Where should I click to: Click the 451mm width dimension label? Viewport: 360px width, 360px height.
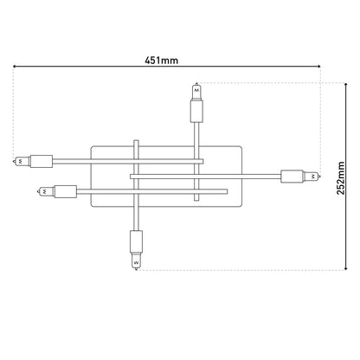pos(161,61)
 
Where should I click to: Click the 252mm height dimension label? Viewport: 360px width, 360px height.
pos(341,178)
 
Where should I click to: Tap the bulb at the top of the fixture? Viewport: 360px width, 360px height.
pos(196,92)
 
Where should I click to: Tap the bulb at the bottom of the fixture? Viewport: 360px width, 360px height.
pos(136,261)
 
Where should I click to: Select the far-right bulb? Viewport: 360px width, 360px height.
pos(312,176)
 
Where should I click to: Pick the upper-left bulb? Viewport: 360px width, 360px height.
pos(22,161)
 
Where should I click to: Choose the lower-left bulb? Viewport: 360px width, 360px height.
pos(46,191)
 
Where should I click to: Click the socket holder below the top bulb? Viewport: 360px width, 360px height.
pos(196,111)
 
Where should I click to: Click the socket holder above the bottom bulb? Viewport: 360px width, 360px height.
pos(136,241)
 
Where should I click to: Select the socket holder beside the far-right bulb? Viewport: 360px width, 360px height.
pos(292,177)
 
